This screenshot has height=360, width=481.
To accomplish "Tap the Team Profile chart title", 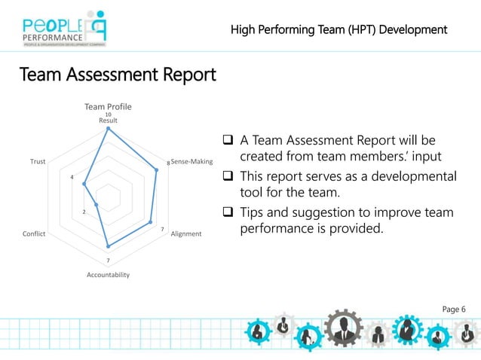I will [x=108, y=107].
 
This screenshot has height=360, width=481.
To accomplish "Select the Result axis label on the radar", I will [x=108, y=121].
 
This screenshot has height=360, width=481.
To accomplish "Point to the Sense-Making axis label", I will [x=192, y=161].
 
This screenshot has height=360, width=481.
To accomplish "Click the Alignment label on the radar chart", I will [x=186, y=233].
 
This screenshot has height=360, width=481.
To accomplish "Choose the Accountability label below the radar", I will [x=108, y=275].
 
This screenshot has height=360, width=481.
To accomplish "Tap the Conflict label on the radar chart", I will [x=34, y=233].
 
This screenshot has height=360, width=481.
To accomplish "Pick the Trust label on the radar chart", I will [x=38, y=161].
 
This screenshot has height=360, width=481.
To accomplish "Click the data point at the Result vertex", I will [x=108, y=128].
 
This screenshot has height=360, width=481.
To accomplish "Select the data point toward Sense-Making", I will [x=157, y=169].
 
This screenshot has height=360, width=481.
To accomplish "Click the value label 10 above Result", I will [x=108, y=114].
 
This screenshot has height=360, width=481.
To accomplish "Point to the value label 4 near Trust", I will [x=72, y=177].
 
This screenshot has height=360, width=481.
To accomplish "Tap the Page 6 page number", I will [x=454, y=309].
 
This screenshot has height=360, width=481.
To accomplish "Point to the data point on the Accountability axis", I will [x=108, y=246].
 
